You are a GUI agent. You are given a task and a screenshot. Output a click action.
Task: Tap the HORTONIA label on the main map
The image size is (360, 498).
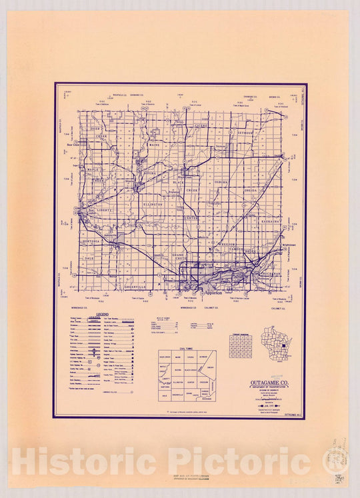(91, 241)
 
